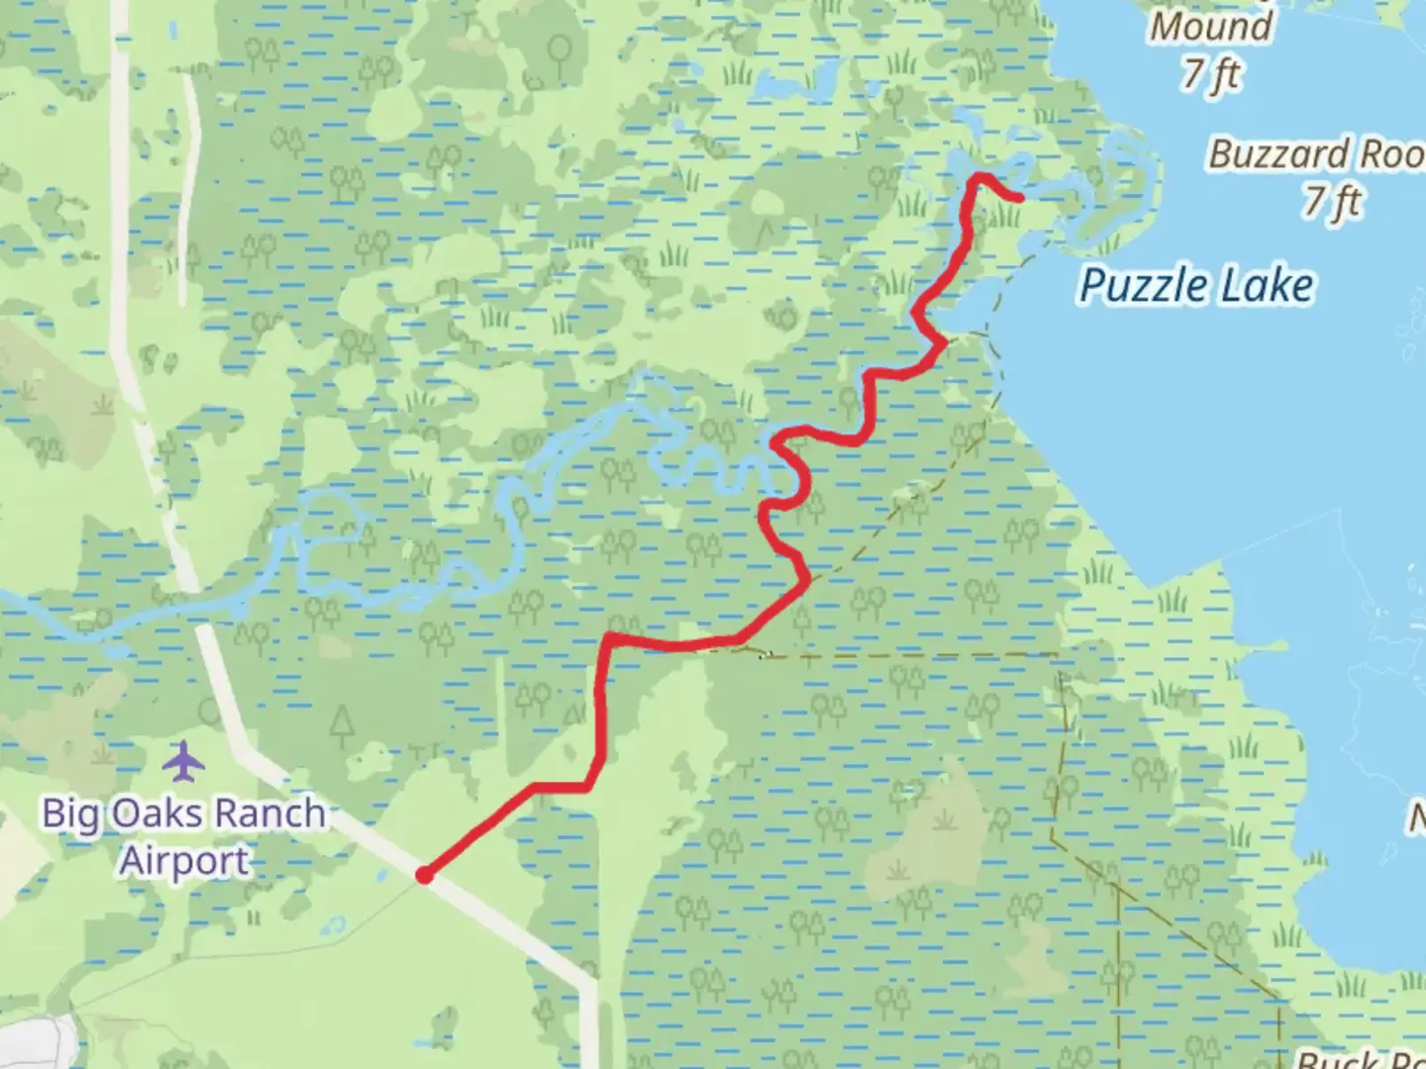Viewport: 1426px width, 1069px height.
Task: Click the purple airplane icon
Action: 182,762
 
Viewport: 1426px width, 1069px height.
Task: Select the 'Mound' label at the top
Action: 1210,26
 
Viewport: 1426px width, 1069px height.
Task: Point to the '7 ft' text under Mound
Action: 1210,73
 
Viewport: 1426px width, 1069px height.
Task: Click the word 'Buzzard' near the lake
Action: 1278,154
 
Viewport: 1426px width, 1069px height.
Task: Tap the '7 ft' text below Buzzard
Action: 1332,201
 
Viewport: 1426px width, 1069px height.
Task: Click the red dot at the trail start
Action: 424,875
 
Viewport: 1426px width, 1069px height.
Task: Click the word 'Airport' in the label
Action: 184,860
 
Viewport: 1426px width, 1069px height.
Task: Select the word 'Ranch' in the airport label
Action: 269,814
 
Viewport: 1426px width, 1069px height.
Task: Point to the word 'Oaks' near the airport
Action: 157,814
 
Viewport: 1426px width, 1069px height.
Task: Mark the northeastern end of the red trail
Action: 1019,198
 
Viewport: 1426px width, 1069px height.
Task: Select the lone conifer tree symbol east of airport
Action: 343,725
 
